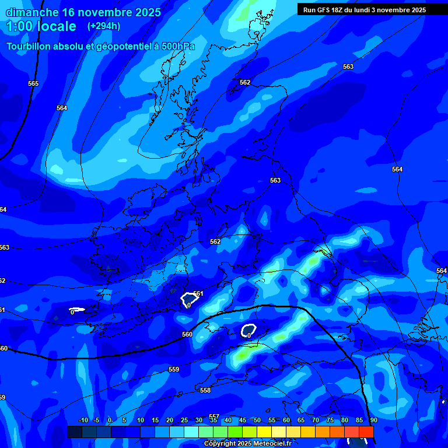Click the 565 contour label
pos(33,83)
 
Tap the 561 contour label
pos(198,293)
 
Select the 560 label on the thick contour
pos(187,334)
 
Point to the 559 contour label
pos(174,369)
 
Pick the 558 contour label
pos(205,390)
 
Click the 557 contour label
pos(214,416)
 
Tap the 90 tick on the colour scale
pos(373,420)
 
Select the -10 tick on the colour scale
pos(83,420)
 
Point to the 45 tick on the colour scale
pos(242,420)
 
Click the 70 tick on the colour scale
pos(315,420)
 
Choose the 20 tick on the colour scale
pos(170,420)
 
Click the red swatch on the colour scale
pos(366,432)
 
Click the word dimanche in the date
pos(32,12)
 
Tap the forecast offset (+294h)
pos(104,26)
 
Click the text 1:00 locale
pos(41,26)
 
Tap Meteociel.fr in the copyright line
pos(272,444)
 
